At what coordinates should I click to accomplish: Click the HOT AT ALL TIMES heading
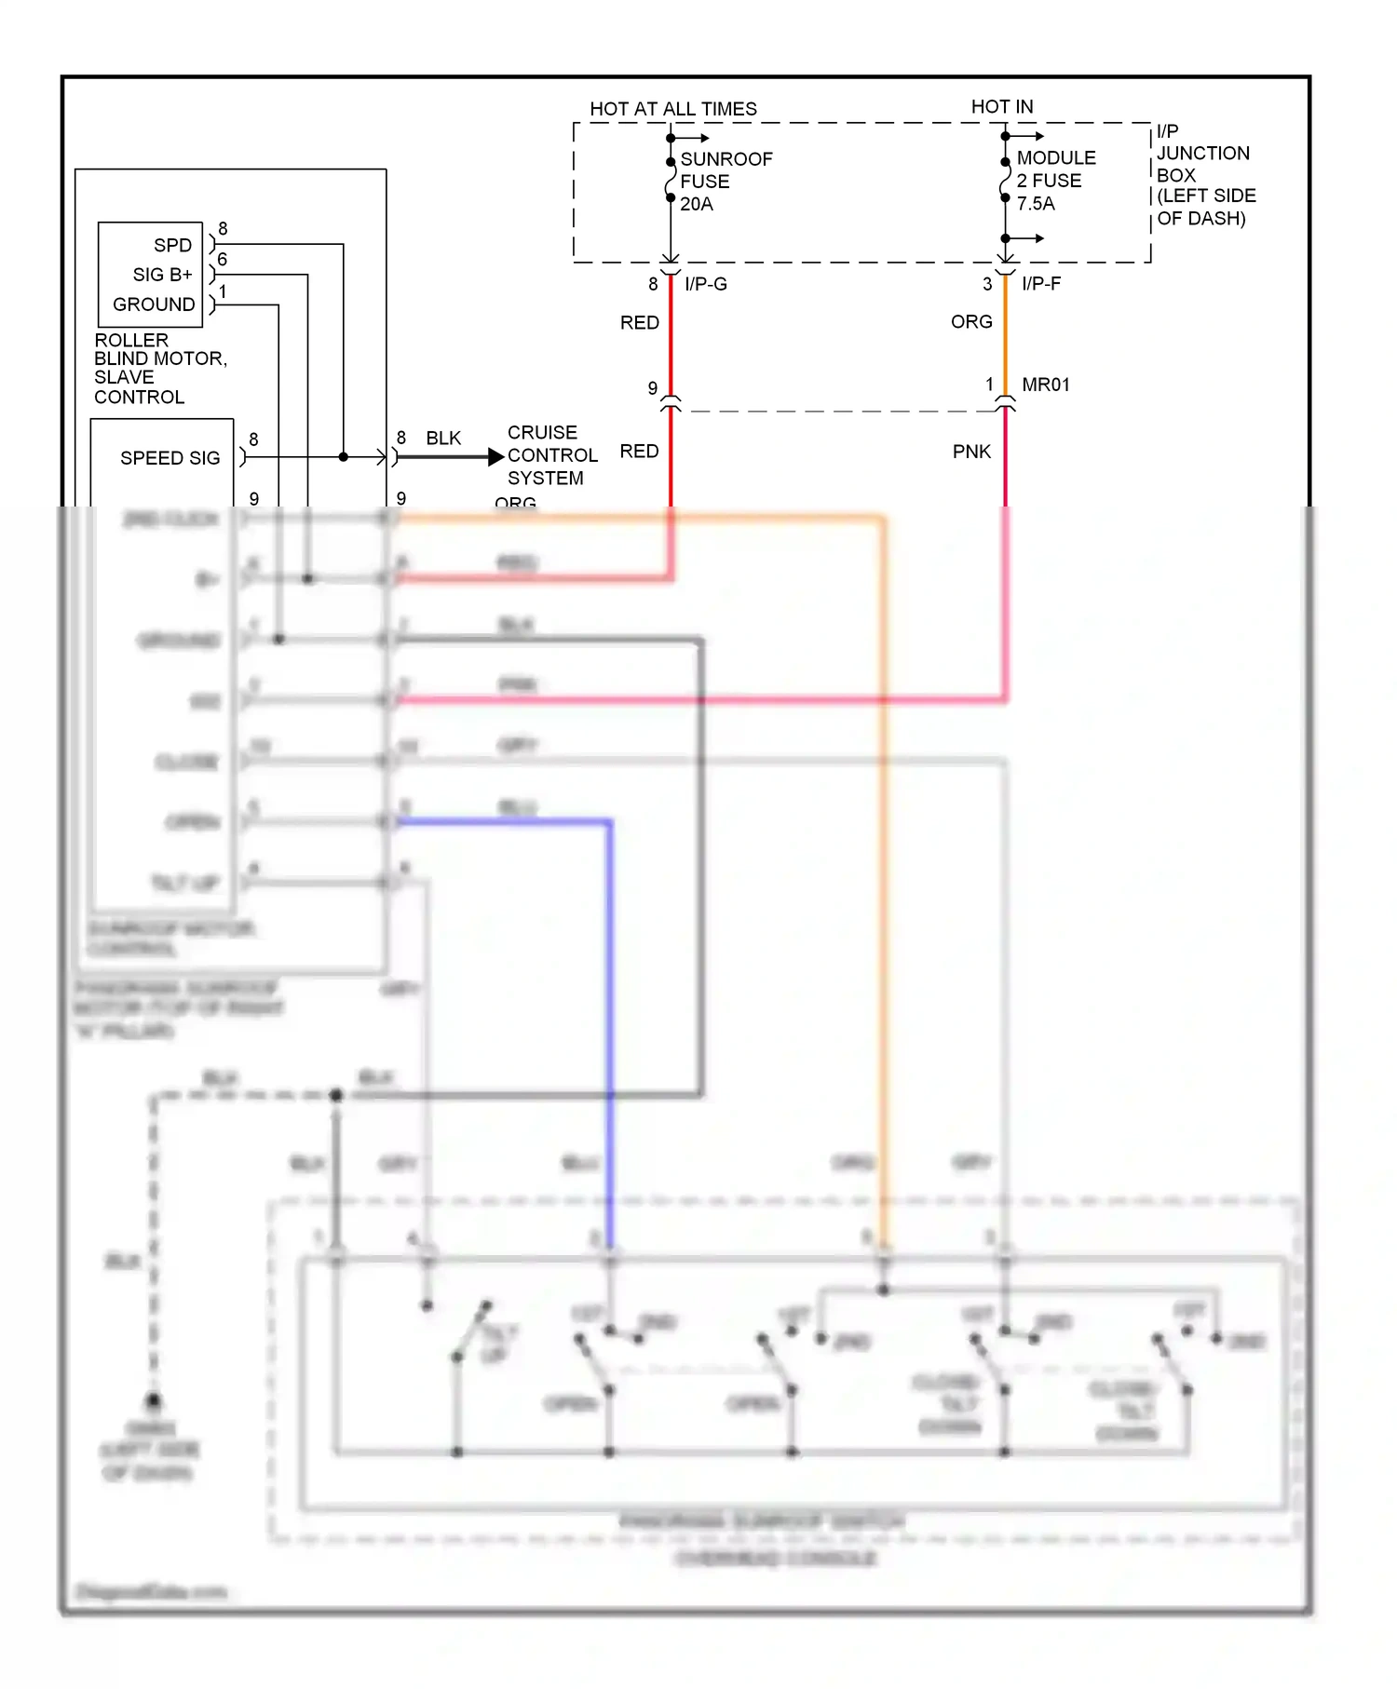672,109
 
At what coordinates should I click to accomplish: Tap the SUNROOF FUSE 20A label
726,182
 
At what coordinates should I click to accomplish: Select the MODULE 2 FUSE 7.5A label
1055,181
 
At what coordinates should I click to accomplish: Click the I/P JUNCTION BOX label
1205,175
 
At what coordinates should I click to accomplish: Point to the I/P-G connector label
705,284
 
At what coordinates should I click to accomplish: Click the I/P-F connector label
1040,284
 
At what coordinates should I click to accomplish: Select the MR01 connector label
1045,385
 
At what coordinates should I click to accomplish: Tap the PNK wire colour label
971,452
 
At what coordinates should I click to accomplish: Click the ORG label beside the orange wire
971,321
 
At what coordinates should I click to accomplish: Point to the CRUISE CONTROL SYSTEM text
551,455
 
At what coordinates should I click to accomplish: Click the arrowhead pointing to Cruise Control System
495,457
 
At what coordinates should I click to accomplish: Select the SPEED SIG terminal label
170,458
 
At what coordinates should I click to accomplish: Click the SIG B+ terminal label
162,275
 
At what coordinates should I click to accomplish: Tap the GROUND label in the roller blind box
154,304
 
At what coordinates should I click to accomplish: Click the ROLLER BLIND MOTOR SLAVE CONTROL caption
159,369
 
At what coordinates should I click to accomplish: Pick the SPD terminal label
172,245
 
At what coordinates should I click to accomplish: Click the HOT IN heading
1001,107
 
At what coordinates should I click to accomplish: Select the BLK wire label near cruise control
443,439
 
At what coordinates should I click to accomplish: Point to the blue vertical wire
610,1024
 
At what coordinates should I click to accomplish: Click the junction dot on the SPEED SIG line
344,457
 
